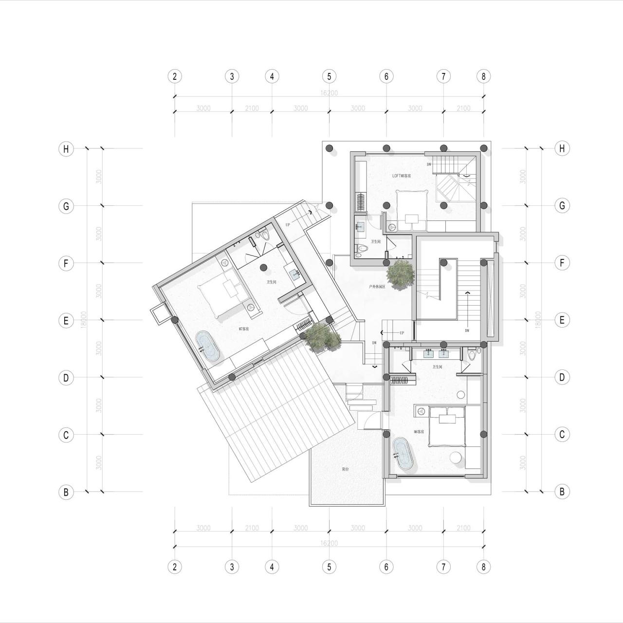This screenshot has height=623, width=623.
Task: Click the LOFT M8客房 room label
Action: [402, 175]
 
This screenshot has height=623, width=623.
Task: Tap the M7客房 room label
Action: [244, 329]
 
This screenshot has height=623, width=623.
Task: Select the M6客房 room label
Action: [419, 432]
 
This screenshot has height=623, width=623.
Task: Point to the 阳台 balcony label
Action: [345, 469]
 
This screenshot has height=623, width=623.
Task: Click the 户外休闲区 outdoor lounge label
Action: [377, 287]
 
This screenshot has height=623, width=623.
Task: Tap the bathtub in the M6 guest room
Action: [403, 454]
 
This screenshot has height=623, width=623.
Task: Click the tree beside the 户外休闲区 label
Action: [400, 274]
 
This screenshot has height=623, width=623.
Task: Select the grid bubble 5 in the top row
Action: [329, 76]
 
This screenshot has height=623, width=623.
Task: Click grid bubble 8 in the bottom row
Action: [483, 567]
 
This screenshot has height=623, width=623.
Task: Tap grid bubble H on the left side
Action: [66, 149]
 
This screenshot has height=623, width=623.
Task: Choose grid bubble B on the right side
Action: [562, 492]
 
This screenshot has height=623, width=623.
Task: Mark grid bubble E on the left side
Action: [66, 320]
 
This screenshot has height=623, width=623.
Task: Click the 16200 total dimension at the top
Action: [329, 93]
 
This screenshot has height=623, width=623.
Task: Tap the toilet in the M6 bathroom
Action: [471, 354]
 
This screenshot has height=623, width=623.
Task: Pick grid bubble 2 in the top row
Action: [175, 76]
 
